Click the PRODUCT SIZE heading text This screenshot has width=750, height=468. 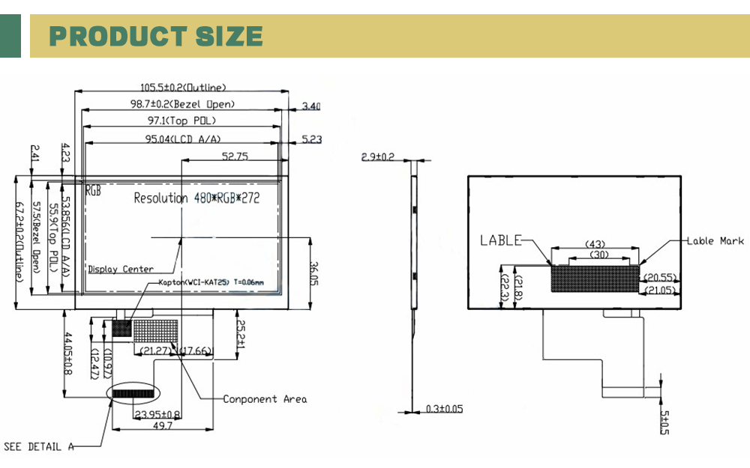156,36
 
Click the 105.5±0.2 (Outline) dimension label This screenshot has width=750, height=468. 183,88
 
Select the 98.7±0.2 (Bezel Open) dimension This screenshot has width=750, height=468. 183,104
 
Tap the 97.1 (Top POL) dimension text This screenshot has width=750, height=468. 182,121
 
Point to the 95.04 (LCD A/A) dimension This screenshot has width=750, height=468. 182,139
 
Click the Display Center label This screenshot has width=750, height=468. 121,269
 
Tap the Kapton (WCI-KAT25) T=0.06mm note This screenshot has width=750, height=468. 211,282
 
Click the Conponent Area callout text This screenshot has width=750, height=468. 265,399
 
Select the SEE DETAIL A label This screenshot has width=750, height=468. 39,447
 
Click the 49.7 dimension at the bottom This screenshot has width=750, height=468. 163,425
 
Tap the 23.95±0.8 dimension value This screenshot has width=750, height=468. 157,414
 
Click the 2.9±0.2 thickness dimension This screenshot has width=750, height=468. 377,157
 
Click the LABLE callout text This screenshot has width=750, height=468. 500,240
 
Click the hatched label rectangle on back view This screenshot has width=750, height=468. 595,278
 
